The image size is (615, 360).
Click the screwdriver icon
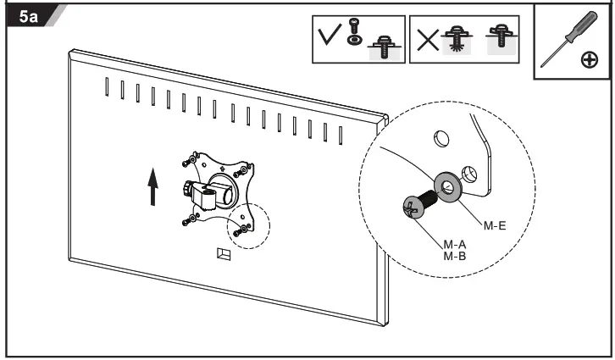[562, 39]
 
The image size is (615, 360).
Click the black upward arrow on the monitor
[152, 186]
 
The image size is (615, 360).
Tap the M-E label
[496, 225]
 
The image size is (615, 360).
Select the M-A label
[454, 243]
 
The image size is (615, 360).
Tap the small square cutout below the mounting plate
[224, 253]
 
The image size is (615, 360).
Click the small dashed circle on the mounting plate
[247, 226]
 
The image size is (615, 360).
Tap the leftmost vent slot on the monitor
[107, 86]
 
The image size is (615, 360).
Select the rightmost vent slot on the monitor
[341, 134]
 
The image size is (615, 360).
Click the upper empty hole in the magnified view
[440, 136]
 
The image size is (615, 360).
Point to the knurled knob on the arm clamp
[185, 188]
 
